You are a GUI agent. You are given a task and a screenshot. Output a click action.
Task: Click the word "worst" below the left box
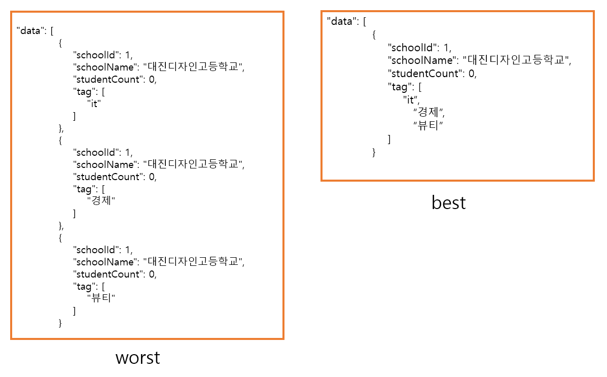point(137,357)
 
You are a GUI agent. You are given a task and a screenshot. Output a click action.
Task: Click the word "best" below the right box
point(448,202)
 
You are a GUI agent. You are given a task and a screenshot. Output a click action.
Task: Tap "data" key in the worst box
point(31,30)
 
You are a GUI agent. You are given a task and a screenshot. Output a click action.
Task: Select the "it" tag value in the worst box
point(94,104)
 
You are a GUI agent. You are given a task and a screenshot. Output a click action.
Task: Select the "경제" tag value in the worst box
point(101,201)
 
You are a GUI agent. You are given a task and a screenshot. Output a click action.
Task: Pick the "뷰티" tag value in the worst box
point(101,299)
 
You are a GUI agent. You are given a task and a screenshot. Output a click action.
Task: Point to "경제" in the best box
point(429,112)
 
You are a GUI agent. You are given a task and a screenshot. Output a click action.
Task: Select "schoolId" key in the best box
point(413,48)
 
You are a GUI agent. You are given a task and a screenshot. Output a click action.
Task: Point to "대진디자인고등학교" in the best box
point(516,60)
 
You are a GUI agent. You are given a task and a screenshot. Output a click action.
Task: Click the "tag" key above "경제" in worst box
point(85,189)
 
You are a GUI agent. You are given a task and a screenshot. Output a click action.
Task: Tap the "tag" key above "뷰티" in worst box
point(85,286)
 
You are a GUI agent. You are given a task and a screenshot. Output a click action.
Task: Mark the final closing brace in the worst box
point(60,323)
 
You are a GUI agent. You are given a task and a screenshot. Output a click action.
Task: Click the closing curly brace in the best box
point(374,152)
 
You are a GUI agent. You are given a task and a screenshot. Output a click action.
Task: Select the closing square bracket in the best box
point(389,139)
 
